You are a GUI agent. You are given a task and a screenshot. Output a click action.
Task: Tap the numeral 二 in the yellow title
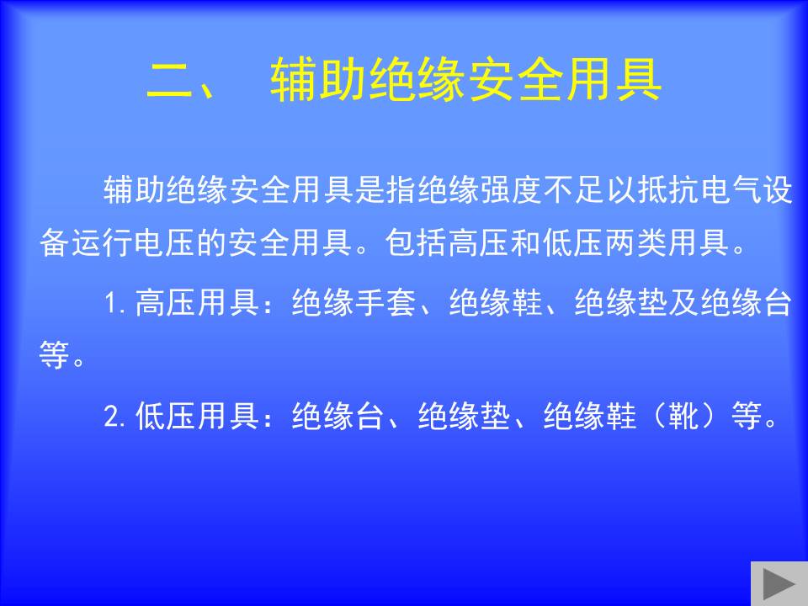point(169,79)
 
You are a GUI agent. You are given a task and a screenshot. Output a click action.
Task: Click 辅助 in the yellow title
point(319,79)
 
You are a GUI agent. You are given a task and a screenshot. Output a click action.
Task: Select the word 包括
point(416,242)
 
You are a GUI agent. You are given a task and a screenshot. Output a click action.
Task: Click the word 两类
point(636,242)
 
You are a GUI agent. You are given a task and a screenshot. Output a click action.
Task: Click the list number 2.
point(112,415)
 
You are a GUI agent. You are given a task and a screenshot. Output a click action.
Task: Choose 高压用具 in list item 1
point(197,302)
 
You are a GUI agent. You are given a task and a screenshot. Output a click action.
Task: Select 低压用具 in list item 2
point(197,415)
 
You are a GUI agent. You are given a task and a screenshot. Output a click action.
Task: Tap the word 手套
point(385,302)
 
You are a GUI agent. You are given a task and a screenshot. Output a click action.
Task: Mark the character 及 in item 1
point(684,302)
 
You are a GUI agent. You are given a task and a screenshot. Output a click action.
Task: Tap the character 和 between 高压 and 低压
point(526,242)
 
